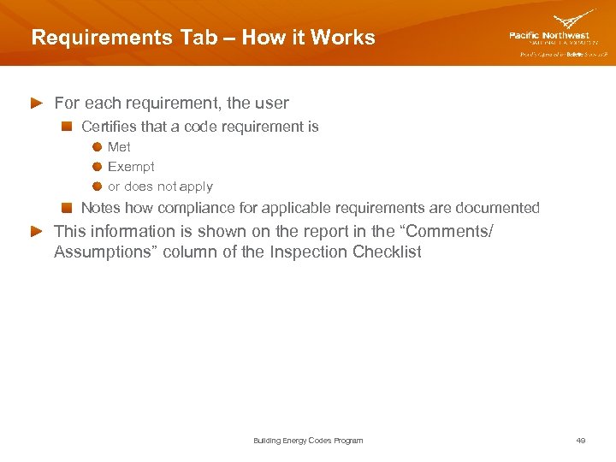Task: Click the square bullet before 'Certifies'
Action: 66,127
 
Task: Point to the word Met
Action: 119,147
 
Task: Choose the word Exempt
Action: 131,167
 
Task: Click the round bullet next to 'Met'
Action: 98,147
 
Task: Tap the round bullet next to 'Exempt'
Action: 98,167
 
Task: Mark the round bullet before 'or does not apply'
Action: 98,187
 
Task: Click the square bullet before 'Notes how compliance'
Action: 66,208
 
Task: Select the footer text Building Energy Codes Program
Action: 308,441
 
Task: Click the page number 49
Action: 581,441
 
